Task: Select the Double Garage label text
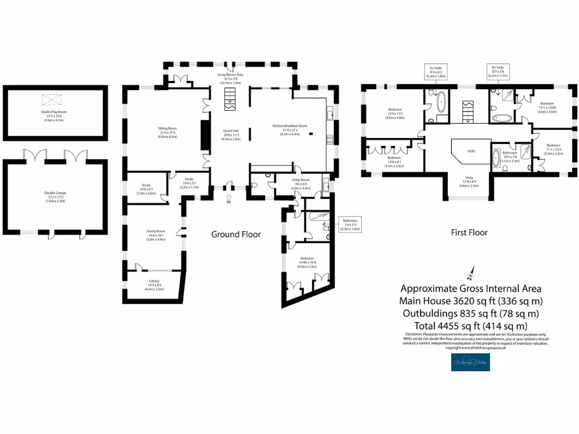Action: coord(55,195)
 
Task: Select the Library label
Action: coord(154,283)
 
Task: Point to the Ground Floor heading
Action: coord(236,234)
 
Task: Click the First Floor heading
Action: coord(469,232)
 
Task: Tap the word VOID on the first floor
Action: coord(471,151)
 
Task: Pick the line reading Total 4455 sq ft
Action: coord(470,326)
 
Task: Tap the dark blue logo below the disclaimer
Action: coord(470,362)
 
